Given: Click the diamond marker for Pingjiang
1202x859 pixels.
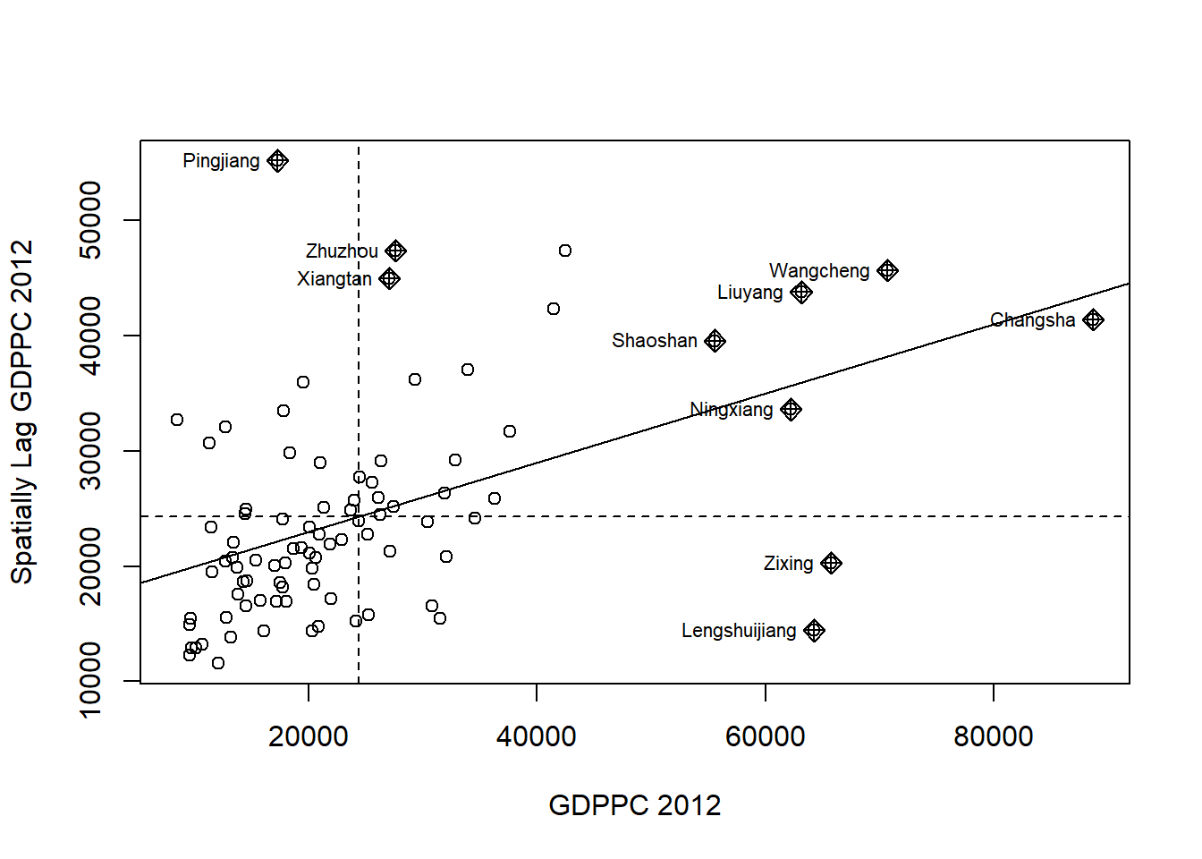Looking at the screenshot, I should pyautogui.click(x=277, y=161).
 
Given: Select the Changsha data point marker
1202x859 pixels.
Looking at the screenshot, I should pyautogui.click(x=1093, y=319).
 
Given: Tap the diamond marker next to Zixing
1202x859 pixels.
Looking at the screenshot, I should pyautogui.click(x=831, y=563).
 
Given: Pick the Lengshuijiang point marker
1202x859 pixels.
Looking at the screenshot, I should pyautogui.click(x=814, y=631).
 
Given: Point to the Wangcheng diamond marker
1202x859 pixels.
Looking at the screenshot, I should pyautogui.click(x=887, y=270).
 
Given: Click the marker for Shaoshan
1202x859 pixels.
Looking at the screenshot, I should pyautogui.click(x=715, y=341).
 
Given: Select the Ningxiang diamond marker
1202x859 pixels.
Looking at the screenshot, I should pyautogui.click(x=791, y=410).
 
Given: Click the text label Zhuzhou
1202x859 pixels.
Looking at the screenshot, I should pyautogui.click(x=342, y=251).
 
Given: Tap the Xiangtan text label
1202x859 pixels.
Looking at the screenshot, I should pyautogui.click(x=334, y=279).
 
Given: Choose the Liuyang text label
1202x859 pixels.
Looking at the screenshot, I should pyautogui.click(x=749, y=293).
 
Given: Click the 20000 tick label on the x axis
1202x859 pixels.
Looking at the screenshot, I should pyautogui.click(x=309, y=736).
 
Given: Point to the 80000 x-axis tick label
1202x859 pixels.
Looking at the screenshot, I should pyautogui.click(x=993, y=736).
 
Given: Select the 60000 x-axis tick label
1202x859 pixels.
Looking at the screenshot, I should pyautogui.click(x=765, y=736).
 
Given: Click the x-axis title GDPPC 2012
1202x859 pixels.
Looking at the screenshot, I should pyautogui.click(x=634, y=805).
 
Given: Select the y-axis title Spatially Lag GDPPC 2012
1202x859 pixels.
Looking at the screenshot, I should pyautogui.click(x=21, y=412).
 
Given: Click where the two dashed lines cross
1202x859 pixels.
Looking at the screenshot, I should pyautogui.click(x=359, y=516).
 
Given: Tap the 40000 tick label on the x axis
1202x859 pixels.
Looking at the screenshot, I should pyautogui.click(x=537, y=736).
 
